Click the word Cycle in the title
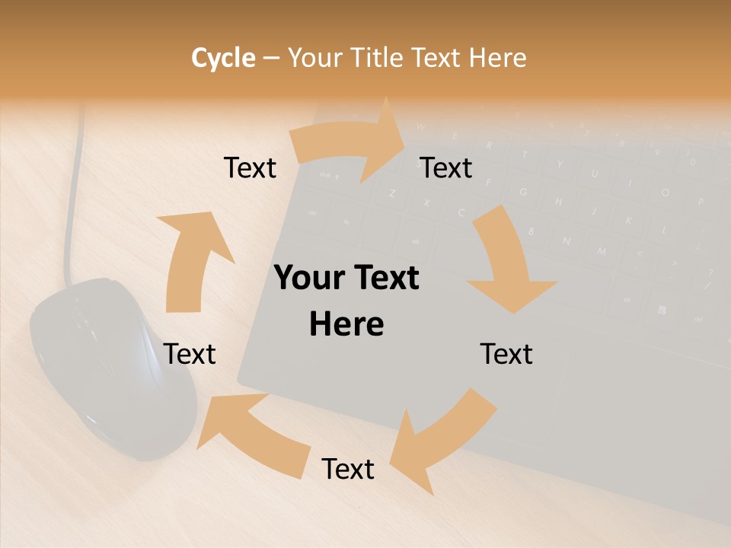pos(223,58)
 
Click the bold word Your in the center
pos(308,279)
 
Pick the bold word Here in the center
pos(346,324)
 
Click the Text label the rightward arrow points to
pos(446,167)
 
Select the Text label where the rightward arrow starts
pos(250,167)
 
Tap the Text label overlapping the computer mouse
pos(190,354)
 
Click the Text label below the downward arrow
pos(506,354)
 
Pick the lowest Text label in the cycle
pos(348,469)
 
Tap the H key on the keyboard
pos(558,202)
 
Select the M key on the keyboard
pos(602,251)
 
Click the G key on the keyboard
pos(523,192)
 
